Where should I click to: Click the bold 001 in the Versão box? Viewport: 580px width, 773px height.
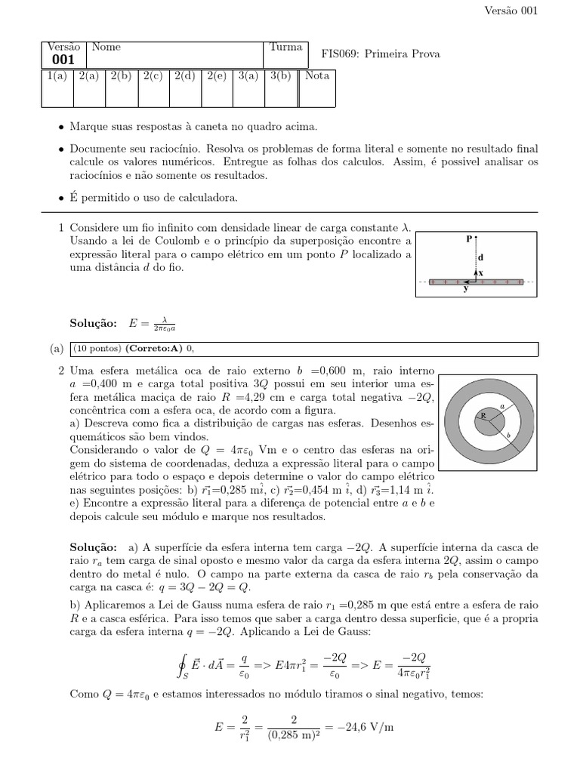point(63,60)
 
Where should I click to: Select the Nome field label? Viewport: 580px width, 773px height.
point(106,47)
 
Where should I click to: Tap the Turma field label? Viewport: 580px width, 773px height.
point(285,47)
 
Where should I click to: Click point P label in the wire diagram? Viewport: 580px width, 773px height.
point(469,239)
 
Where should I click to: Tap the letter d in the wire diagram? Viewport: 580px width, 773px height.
point(480,257)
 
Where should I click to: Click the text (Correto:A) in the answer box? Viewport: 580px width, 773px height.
point(152,348)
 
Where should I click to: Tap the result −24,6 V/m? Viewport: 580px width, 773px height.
point(369,728)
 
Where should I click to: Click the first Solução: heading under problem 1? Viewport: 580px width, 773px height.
point(93,323)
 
